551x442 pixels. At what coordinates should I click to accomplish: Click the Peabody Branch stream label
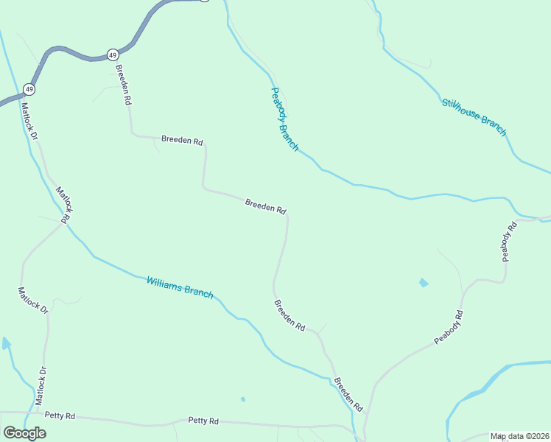[x=284, y=119]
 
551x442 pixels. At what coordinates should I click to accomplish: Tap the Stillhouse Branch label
[x=474, y=116]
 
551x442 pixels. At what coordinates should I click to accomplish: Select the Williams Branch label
[x=180, y=287]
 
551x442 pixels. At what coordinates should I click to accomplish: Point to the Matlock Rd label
[x=63, y=205]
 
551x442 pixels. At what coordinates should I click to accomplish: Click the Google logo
[x=24, y=433]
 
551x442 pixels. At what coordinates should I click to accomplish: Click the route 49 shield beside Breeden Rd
[x=112, y=55]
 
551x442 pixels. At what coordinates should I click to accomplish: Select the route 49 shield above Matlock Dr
[x=29, y=88]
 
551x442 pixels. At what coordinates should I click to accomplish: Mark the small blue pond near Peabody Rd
[x=423, y=282]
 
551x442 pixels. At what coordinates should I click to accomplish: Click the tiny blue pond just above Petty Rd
[x=242, y=399]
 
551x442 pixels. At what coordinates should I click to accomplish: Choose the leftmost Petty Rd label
[x=60, y=416]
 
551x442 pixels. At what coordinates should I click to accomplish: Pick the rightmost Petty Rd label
[x=203, y=421]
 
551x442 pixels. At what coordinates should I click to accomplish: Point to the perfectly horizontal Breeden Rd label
[x=182, y=140]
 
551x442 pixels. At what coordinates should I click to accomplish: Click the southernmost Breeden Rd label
[x=348, y=395]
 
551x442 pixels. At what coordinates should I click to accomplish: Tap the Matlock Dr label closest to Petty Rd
[x=40, y=386]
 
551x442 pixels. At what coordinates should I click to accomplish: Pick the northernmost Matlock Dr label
[x=30, y=121]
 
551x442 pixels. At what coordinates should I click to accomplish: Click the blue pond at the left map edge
[x=5, y=343]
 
